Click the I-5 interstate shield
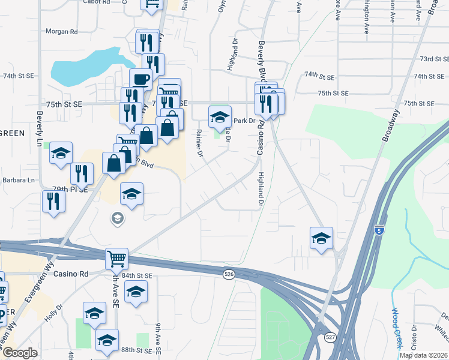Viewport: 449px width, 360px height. [x=379, y=230]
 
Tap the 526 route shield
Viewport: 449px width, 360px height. [x=229, y=274]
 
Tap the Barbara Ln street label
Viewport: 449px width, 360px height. [x=19, y=180]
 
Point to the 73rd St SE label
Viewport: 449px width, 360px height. [x=435, y=59]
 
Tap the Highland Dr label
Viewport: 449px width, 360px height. [x=261, y=191]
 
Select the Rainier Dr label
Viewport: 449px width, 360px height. [x=199, y=143]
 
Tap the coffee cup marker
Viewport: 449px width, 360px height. [x=142, y=79]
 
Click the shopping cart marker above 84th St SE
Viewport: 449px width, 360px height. [x=116, y=259]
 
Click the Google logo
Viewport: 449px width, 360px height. [x=20, y=353]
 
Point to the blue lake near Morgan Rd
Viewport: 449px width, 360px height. [x=90, y=66]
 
